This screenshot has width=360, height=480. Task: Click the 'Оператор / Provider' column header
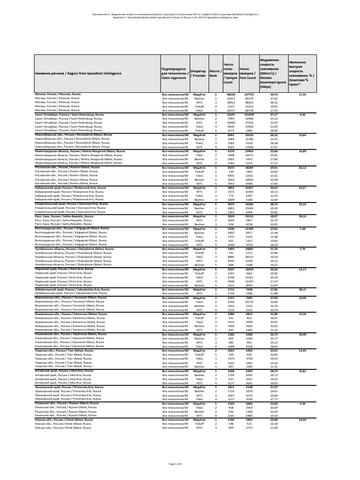[x=199, y=73]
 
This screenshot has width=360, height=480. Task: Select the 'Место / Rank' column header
[x=215, y=73]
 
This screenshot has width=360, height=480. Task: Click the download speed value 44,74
[x=274, y=95]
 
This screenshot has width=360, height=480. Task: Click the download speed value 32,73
[x=274, y=334]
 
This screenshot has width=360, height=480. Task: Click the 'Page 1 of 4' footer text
[x=180, y=464]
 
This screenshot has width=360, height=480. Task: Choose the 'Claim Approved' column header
[x=174, y=73]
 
